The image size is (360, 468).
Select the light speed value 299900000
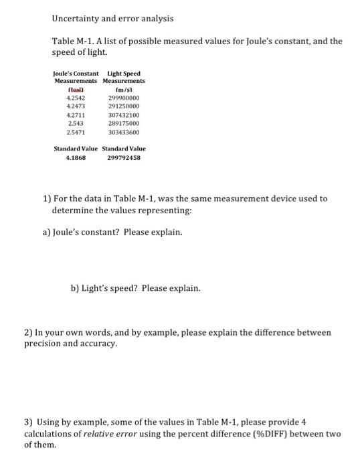coord(123,98)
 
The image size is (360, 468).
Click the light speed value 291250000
coord(123,106)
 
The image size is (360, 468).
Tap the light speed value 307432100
coord(123,115)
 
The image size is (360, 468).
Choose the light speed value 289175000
coord(123,124)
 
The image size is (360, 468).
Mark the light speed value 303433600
coord(123,132)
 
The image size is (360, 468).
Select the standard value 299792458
coord(123,158)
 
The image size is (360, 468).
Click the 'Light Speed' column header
coord(124,74)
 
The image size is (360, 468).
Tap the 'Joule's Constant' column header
coord(76,74)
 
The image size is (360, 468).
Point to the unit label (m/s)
coord(123,89)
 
